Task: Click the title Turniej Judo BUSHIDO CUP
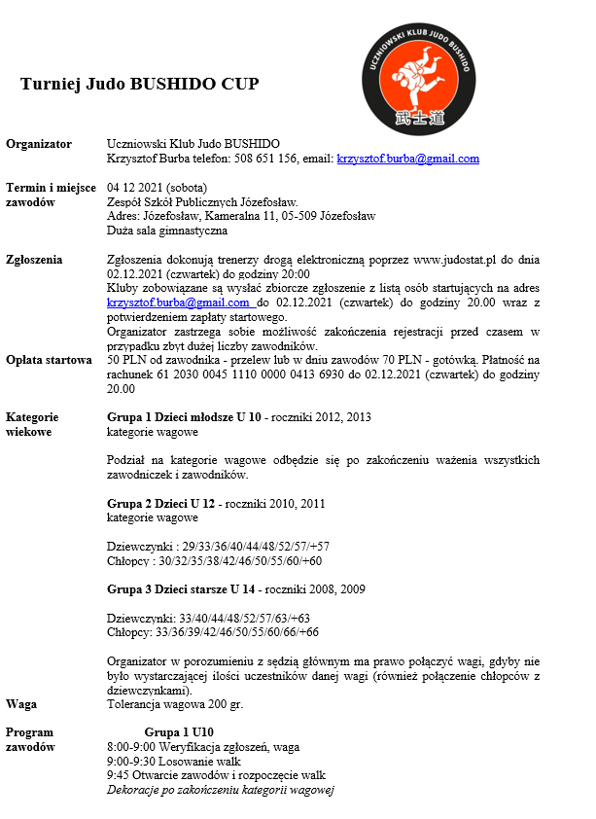[139, 84]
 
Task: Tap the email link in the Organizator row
[407, 159]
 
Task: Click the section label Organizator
[39, 144]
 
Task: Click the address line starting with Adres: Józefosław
[241, 216]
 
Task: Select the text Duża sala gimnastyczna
[167, 231]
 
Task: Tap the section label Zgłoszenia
[34, 260]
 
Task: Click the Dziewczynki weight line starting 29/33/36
[218, 547]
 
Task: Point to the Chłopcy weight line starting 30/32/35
[214, 561]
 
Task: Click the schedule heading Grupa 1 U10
[179, 732]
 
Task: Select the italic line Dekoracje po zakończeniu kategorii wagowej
[220, 790]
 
